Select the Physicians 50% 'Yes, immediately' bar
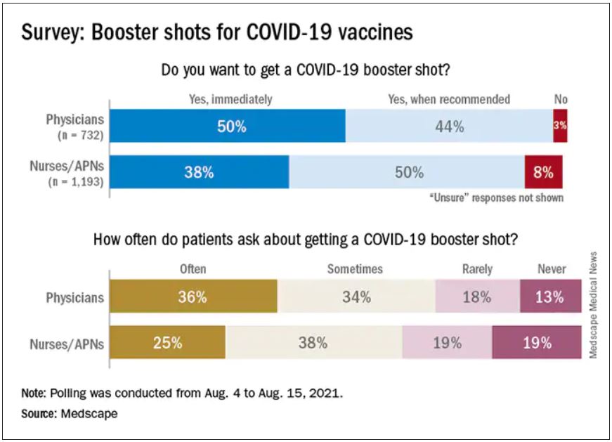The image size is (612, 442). tap(228, 126)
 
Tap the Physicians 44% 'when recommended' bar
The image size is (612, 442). tap(449, 126)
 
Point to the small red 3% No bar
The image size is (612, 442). tap(560, 126)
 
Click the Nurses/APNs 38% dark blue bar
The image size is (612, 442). tap(199, 172)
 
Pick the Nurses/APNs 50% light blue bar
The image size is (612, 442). tap(407, 172)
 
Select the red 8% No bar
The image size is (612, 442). tap(543, 172)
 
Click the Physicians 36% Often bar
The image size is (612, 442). tap(193, 297)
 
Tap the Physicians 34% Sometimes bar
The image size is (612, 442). tap(356, 297)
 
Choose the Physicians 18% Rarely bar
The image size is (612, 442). tap(477, 297)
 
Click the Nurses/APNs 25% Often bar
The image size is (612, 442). tap(168, 344)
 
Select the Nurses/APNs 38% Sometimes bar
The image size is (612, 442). tap(313, 344)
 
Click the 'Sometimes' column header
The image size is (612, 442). tap(355, 269)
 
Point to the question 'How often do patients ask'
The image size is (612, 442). tap(306, 239)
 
